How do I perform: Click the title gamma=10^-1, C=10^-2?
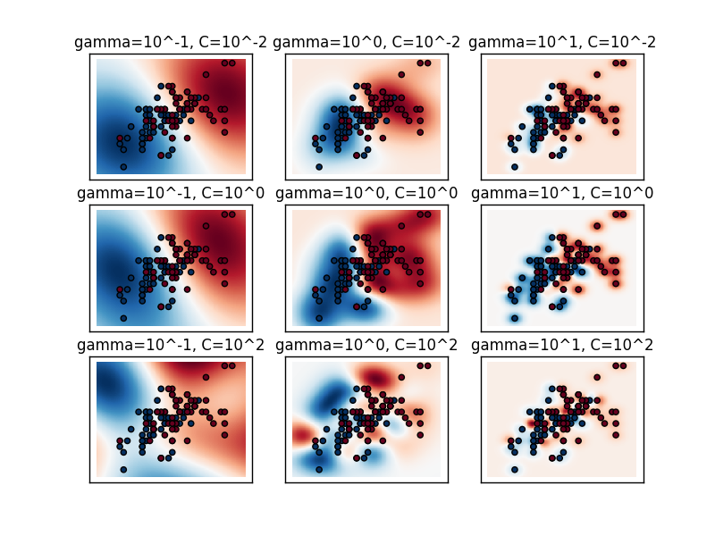(x=171, y=43)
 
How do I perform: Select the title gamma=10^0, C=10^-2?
(x=366, y=43)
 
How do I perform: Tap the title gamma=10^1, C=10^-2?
(x=562, y=43)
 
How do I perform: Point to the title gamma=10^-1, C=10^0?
(x=171, y=193)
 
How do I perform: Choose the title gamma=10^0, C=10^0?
(x=366, y=193)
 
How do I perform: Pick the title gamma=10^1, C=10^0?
(x=562, y=193)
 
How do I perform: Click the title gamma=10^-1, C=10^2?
(x=171, y=345)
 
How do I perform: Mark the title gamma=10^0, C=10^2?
(x=366, y=345)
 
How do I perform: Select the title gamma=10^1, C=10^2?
(x=562, y=345)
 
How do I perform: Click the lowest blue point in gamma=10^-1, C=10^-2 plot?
(x=123, y=167)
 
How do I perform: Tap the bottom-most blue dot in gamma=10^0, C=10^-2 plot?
(x=319, y=167)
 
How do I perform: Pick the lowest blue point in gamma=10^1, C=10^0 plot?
(x=515, y=318)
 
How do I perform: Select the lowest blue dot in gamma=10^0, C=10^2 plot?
(x=319, y=469)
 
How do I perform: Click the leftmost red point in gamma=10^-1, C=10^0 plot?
(x=119, y=290)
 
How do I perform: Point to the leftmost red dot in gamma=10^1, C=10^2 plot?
(x=510, y=441)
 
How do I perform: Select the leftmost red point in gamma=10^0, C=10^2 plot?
(x=315, y=441)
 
